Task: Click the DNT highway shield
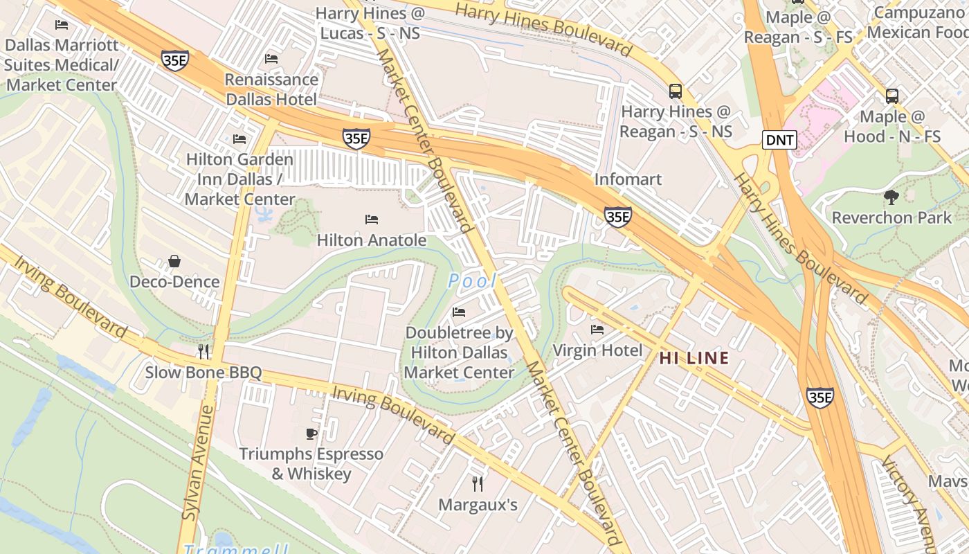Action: pyautogui.click(x=780, y=140)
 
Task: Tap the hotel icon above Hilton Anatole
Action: pyautogui.click(x=372, y=220)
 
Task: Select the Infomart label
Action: pyautogui.click(x=628, y=179)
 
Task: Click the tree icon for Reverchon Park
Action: pyautogui.click(x=891, y=197)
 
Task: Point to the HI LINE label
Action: pyautogui.click(x=694, y=358)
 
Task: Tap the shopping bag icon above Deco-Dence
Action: pyautogui.click(x=174, y=261)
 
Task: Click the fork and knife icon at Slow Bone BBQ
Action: pyautogui.click(x=203, y=352)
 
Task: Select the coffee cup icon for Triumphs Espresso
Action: pyautogui.click(x=311, y=434)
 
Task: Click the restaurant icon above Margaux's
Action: pyautogui.click(x=478, y=483)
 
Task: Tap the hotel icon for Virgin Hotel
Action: pyautogui.click(x=597, y=329)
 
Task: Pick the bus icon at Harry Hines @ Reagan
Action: pyautogui.click(x=675, y=91)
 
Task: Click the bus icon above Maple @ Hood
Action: pyautogui.click(x=892, y=96)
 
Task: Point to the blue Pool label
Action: pyautogui.click(x=473, y=281)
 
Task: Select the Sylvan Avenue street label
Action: pyautogui.click(x=198, y=462)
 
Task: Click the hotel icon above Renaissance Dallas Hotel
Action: pyautogui.click(x=271, y=59)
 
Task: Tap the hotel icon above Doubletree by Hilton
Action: pyautogui.click(x=459, y=312)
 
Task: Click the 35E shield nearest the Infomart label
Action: pyautogui.click(x=617, y=217)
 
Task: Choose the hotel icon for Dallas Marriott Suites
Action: pyautogui.click(x=62, y=25)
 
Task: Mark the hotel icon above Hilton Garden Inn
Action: pyautogui.click(x=239, y=139)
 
